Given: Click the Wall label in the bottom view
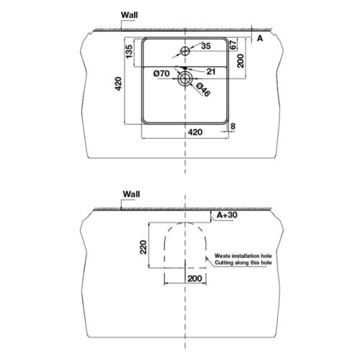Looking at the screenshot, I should (x=132, y=194).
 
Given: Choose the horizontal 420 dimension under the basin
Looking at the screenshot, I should (x=194, y=133).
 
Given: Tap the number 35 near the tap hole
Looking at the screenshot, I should (x=205, y=47).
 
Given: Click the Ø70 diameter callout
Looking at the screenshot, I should (x=161, y=73).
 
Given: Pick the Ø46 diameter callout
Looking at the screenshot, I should (x=203, y=89).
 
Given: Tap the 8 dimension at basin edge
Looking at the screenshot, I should (x=233, y=126).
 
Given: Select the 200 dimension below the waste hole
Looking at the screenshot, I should (x=193, y=277).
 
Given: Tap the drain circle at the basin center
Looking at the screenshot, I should (x=186, y=79).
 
